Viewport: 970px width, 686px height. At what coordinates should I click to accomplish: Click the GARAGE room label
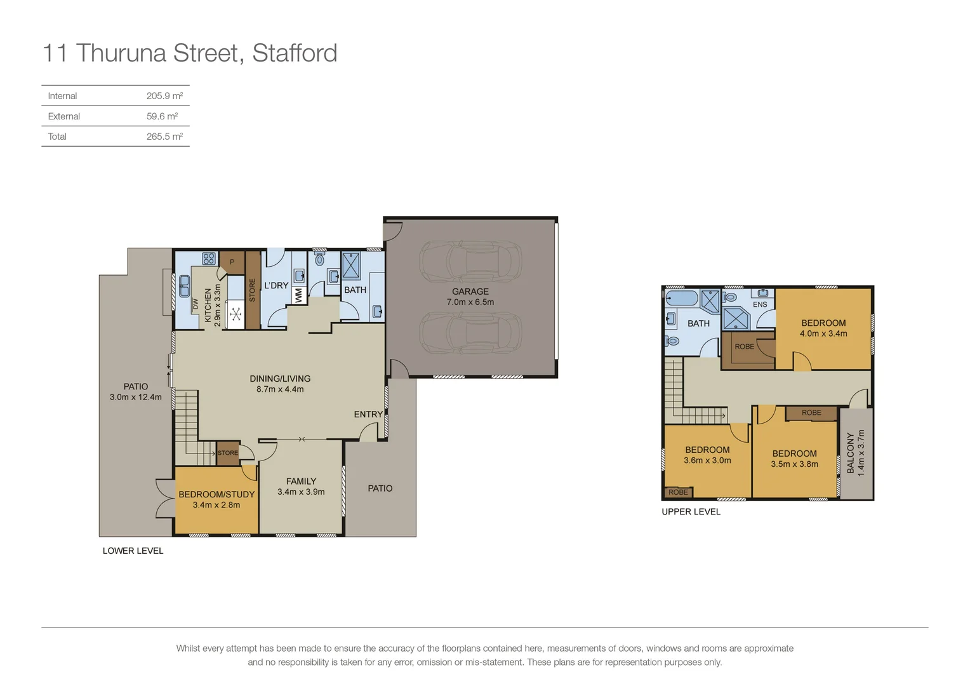click(x=470, y=292)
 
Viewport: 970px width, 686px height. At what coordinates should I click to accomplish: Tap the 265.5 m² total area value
click(x=164, y=137)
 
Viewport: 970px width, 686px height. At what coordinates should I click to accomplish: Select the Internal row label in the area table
click(x=62, y=96)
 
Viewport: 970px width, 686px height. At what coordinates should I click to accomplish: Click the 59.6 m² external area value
click(x=162, y=116)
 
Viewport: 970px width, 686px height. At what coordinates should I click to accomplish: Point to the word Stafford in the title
click(x=295, y=53)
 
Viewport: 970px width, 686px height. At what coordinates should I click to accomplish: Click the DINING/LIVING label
click(x=280, y=379)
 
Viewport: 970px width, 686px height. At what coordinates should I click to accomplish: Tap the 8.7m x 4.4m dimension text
click(x=280, y=389)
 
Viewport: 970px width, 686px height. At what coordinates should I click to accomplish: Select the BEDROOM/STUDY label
click(x=216, y=494)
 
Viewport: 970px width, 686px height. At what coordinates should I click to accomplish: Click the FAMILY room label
click(x=301, y=481)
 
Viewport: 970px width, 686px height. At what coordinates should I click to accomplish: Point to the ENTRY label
click(x=368, y=414)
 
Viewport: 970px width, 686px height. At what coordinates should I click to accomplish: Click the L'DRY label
click(x=276, y=286)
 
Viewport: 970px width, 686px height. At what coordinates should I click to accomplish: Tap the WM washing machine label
click(x=298, y=295)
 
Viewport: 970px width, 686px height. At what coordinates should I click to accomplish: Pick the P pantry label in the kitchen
click(x=232, y=262)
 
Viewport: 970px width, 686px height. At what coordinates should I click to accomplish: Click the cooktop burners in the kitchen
click(x=209, y=259)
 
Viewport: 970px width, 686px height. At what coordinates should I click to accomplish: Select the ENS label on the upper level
click(x=760, y=304)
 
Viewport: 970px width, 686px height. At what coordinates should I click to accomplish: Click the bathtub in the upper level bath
click(x=682, y=298)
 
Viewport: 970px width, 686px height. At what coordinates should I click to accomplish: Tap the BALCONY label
click(x=851, y=453)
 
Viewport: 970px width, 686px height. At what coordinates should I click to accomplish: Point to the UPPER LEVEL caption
click(x=691, y=512)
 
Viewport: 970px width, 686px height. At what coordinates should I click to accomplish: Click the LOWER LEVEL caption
click(x=133, y=551)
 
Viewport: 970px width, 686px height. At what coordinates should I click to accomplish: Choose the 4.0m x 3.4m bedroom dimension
click(x=823, y=333)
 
